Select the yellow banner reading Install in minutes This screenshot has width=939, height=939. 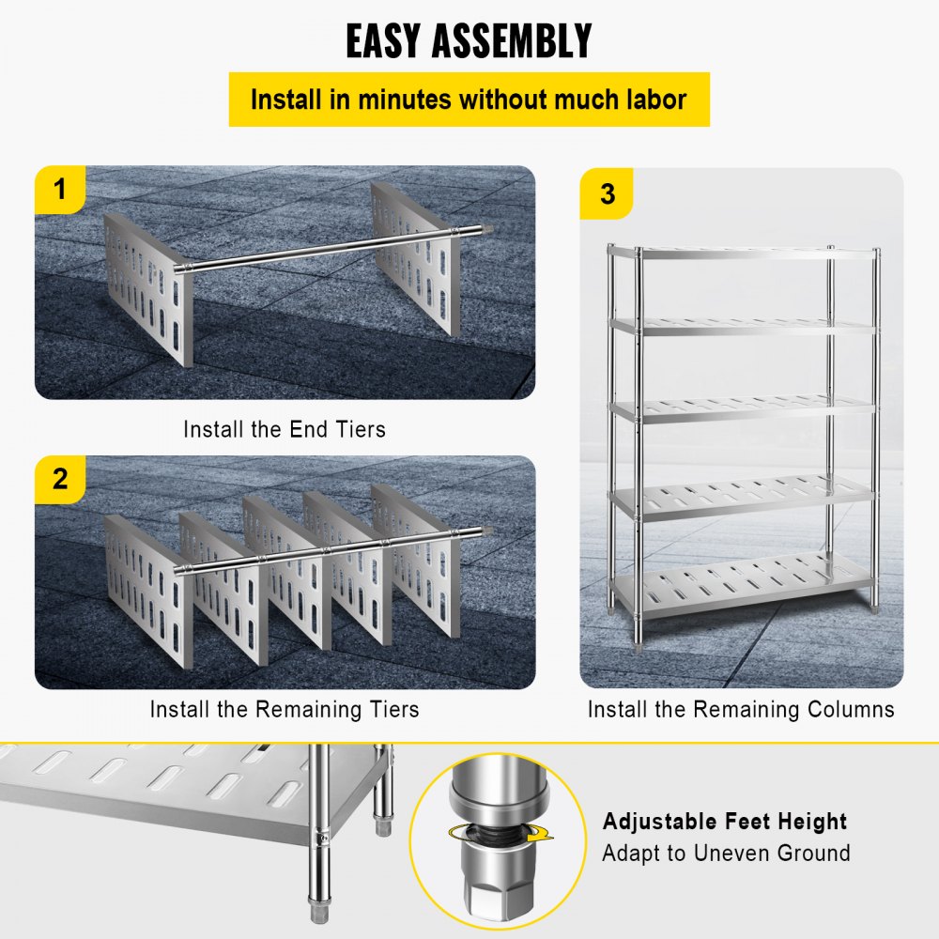click(x=469, y=100)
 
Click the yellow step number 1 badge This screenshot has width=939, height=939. click(x=60, y=190)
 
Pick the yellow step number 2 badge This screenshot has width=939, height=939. click(x=60, y=479)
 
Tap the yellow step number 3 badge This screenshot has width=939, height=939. click(x=608, y=193)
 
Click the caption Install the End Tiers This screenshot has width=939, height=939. click(x=285, y=430)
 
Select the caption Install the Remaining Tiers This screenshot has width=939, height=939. click(x=285, y=709)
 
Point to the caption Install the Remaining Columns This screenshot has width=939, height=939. click(x=741, y=709)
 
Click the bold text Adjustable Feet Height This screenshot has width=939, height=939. click(x=725, y=823)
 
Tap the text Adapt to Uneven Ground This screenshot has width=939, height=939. click(x=726, y=854)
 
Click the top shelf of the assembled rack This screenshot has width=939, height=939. click(x=742, y=253)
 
